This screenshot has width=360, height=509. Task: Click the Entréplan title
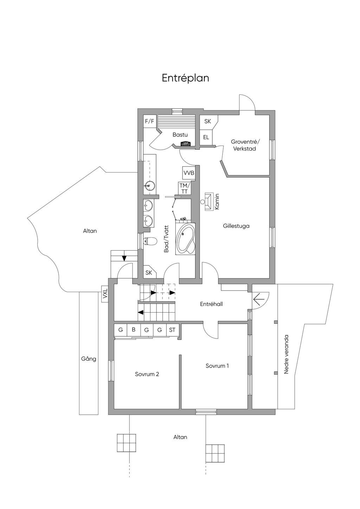click(185, 78)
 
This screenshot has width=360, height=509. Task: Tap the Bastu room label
click(180, 135)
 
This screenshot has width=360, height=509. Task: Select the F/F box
click(149, 121)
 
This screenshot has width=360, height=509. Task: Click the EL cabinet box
click(206, 137)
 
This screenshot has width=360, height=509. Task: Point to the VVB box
click(188, 173)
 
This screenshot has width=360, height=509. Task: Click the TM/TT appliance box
click(184, 188)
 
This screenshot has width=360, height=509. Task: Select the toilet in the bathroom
click(150, 241)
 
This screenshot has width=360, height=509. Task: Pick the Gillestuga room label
click(236, 226)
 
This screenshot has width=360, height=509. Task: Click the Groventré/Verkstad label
click(245, 145)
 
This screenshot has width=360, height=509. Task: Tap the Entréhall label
click(211, 304)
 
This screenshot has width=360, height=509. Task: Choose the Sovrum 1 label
click(217, 366)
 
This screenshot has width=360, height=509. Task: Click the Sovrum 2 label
click(147, 374)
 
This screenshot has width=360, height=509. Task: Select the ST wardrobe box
click(172, 330)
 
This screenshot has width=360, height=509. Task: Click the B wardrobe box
click(134, 330)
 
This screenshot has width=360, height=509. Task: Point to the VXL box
click(105, 294)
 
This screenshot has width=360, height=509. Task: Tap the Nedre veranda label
click(286, 354)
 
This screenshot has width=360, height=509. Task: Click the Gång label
click(89, 359)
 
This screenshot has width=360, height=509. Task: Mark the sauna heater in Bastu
click(185, 143)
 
